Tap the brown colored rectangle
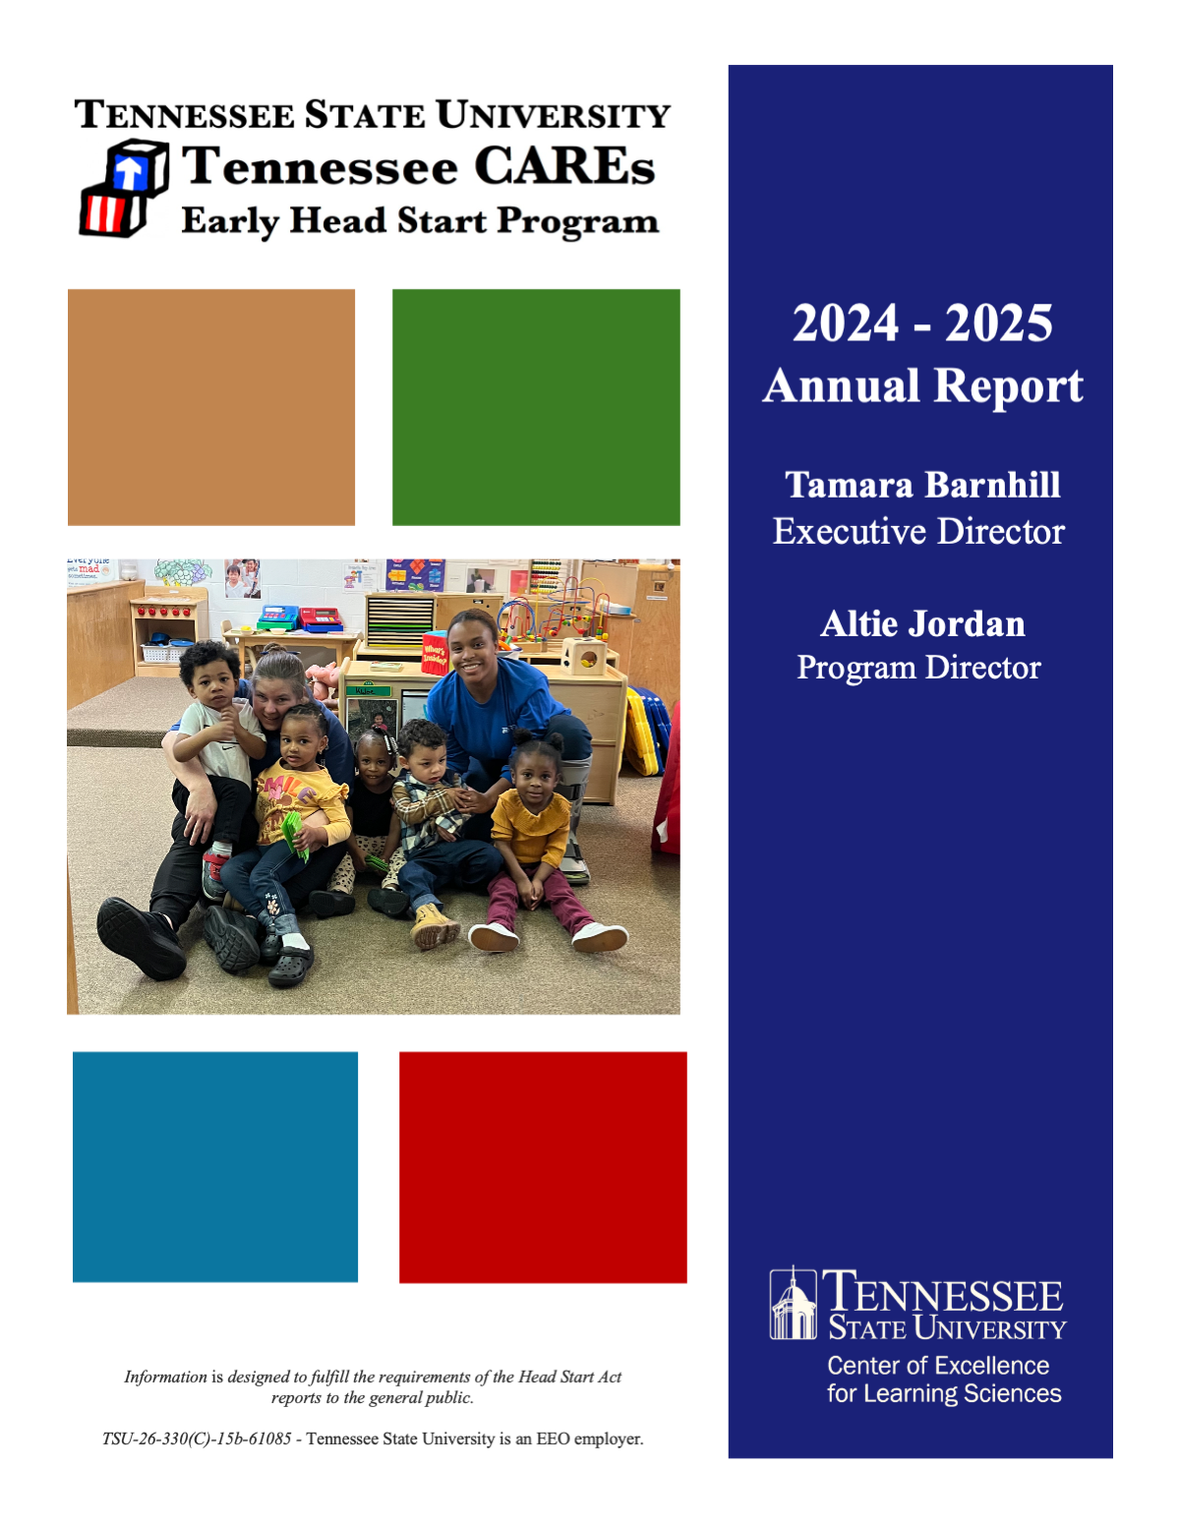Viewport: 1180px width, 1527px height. (x=211, y=407)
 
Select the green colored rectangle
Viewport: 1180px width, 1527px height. (x=536, y=407)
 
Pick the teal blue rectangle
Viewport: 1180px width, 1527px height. (x=215, y=1167)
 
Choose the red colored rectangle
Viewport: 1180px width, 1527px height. (x=543, y=1167)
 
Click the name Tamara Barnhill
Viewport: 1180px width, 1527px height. (x=922, y=485)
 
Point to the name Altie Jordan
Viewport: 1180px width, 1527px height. (x=922, y=624)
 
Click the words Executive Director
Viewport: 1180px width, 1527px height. (x=918, y=532)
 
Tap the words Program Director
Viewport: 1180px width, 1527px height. (x=918, y=668)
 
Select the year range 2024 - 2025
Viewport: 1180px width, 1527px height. (x=922, y=323)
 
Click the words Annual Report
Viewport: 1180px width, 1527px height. (x=922, y=385)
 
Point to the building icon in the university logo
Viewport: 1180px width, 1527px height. (x=793, y=1304)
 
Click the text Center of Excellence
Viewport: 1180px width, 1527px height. (x=938, y=1366)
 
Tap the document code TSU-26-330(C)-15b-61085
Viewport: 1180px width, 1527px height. (x=197, y=1439)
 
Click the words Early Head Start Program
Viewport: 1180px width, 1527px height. (x=420, y=221)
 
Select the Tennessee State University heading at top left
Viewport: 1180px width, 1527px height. (x=373, y=115)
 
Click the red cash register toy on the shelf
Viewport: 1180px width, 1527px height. (x=321, y=619)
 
